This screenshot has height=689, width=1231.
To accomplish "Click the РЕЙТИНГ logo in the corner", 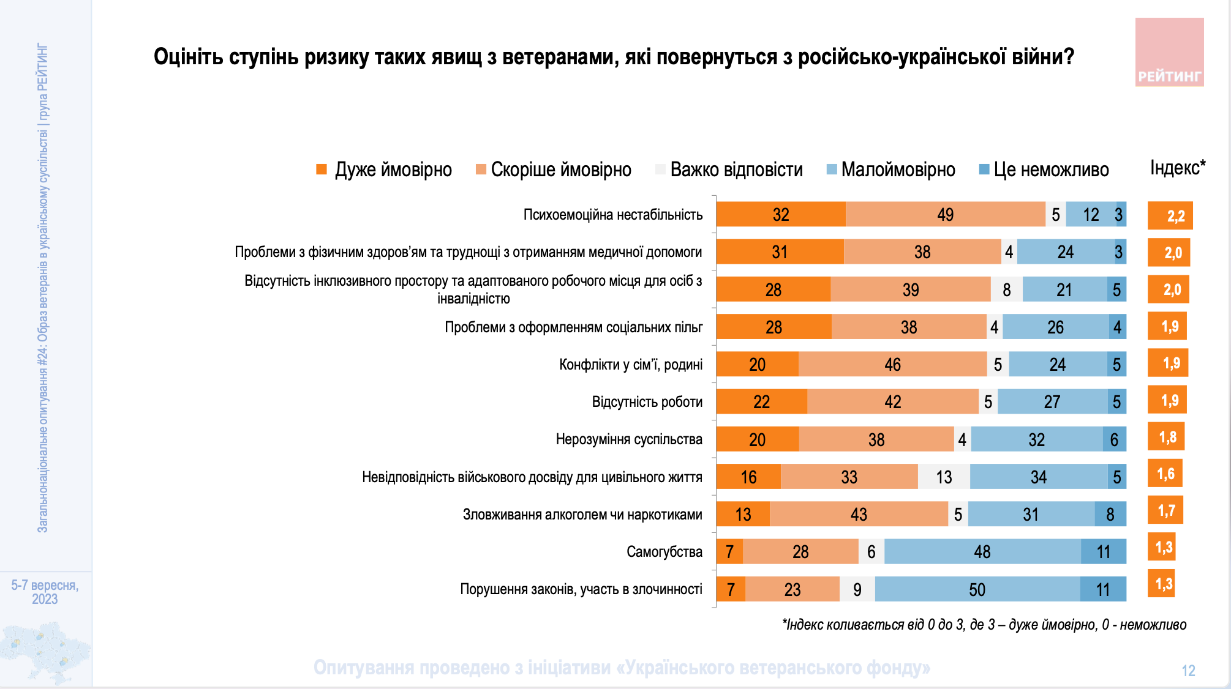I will pyautogui.click(x=1169, y=53).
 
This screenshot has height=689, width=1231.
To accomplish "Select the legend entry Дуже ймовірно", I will pyautogui.click(x=384, y=169).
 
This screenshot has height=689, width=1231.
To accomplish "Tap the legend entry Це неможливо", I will pyautogui.click(x=1044, y=169).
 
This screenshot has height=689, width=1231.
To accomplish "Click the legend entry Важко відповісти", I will pyautogui.click(x=729, y=169).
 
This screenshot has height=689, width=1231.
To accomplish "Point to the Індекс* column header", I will pyautogui.click(x=1177, y=168).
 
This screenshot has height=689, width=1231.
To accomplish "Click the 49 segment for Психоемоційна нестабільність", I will pyautogui.click(x=945, y=215).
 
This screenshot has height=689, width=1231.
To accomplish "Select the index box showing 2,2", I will pyautogui.click(x=1170, y=215).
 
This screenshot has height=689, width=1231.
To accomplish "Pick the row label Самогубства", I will pyautogui.click(x=664, y=552).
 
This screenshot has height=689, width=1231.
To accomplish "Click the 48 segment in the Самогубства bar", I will pyautogui.click(x=982, y=552).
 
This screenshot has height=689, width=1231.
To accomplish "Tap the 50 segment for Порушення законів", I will pyautogui.click(x=977, y=589).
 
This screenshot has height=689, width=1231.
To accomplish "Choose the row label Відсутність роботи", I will pyautogui.click(x=647, y=402).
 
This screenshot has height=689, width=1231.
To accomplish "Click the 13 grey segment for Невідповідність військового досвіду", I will pyautogui.click(x=944, y=477).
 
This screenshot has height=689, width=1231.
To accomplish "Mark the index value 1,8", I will pyautogui.click(x=1167, y=437).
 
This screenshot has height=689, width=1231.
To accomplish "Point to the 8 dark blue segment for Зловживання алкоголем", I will pyautogui.click(x=1110, y=514).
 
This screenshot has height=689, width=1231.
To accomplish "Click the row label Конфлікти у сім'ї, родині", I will pyautogui.click(x=630, y=365).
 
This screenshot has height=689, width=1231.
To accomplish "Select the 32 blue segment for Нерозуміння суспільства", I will pyautogui.click(x=1036, y=439).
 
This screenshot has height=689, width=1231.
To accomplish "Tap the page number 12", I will pyautogui.click(x=1188, y=671).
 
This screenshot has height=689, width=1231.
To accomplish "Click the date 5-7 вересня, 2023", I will pyautogui.click(x=45, y=592).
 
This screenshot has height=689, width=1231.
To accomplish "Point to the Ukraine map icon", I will pyautogui.click(x=44, y=651).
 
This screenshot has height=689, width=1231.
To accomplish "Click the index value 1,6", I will pyautogui.click(x=1165, y=474).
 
